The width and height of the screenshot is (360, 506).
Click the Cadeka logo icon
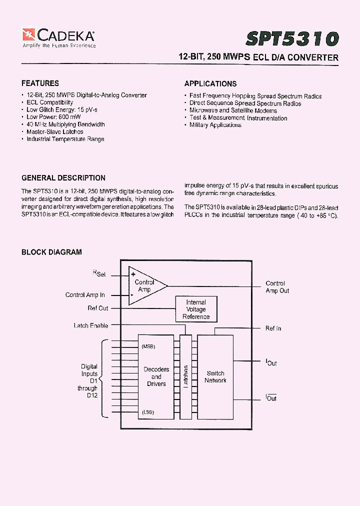coord(28,35)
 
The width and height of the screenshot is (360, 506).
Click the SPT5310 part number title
coord(292,38)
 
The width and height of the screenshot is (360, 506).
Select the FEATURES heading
coord(40,83)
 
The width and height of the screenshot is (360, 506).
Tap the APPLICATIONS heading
coord(210,83)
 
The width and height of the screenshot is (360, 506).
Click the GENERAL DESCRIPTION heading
coord(63,178)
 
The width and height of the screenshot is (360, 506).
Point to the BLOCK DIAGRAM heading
coord(51,252)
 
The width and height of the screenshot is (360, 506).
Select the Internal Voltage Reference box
coord(195,309)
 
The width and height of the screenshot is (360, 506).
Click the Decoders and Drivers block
coord(156,376)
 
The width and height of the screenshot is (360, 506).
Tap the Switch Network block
coord(215,376)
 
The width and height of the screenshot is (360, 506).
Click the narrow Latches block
coord(185,376)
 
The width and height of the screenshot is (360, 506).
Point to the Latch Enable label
coord(90,325)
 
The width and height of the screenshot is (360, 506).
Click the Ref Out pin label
coord(97,308)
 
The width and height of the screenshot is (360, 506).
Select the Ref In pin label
coord(273,328)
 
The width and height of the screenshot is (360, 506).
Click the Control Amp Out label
coord(277,287)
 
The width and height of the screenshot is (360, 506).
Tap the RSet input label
coord(99,274)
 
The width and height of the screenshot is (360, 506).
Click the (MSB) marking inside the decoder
coord(148,346)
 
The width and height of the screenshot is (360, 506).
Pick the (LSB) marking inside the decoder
coord(147,412)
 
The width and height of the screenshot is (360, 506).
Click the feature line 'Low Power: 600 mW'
coord(50,117)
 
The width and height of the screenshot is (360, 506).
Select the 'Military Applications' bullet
coord(215,125)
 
